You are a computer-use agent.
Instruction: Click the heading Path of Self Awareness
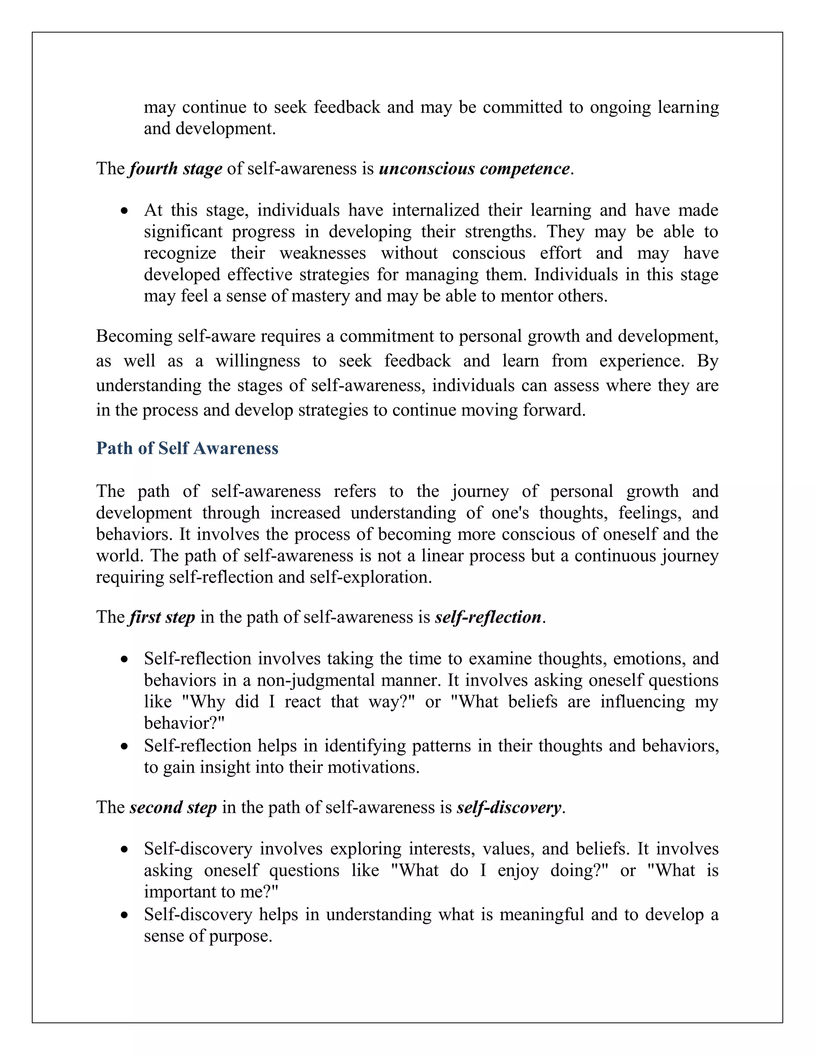pyautogui.click(x=187, y=448)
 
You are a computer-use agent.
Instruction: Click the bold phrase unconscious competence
pyautogui.click(x=474, y=168)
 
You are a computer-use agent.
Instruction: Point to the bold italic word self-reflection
pyautogui.click(x=487, y=617)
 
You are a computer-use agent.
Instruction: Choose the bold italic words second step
pyautogui.click(x=173, y=807)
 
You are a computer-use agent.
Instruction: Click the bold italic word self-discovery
pyautogui.click(x=509, y=807)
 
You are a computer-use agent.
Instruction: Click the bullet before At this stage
pyautogui.click(x=125, y=211)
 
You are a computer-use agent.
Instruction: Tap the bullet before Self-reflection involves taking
pyautogui.click(x=125, y=660)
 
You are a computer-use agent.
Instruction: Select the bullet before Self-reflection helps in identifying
pyautogui.click(x=125, y=747)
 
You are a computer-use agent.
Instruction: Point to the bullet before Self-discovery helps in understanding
pyautogui.click(x=125, y=915)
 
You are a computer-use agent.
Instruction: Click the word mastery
pyautogui.click(x=320, y=296)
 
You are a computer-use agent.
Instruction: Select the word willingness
pyautogui.click(x=257, y=361)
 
